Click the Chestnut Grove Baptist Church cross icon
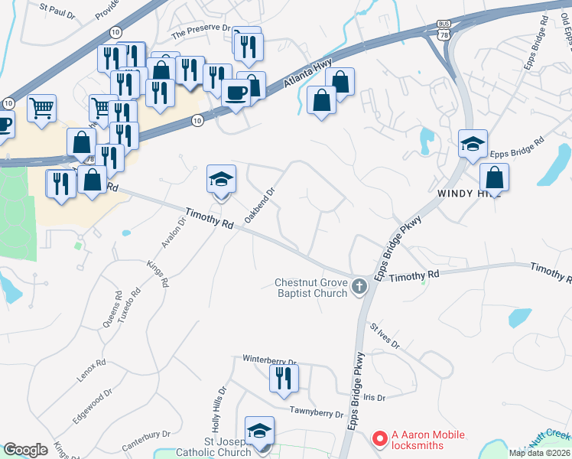point(359,288)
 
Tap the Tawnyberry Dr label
point(317,412)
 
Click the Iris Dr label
point(375,397)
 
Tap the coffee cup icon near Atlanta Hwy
point(236,93)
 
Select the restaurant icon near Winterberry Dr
point(284,378)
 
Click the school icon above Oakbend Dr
point(222,180)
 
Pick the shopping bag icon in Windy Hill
point(495,177)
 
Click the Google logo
point(25,449)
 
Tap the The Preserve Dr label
point(200,31)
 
